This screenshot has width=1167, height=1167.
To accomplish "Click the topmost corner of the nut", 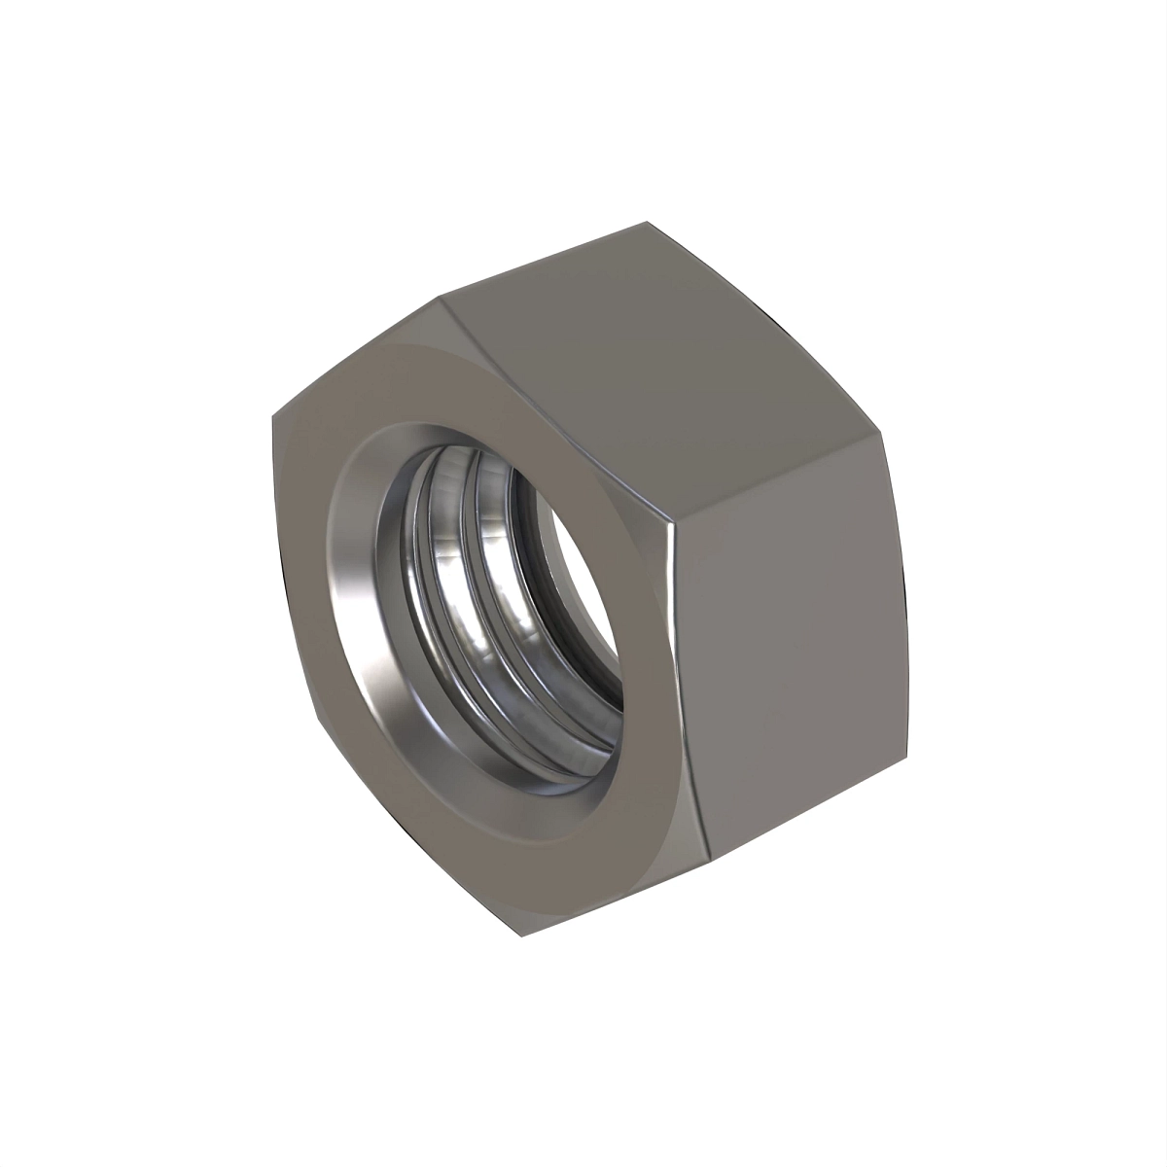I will [x=646, y=223].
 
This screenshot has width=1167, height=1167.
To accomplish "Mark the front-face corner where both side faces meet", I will [x=673, y=530].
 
